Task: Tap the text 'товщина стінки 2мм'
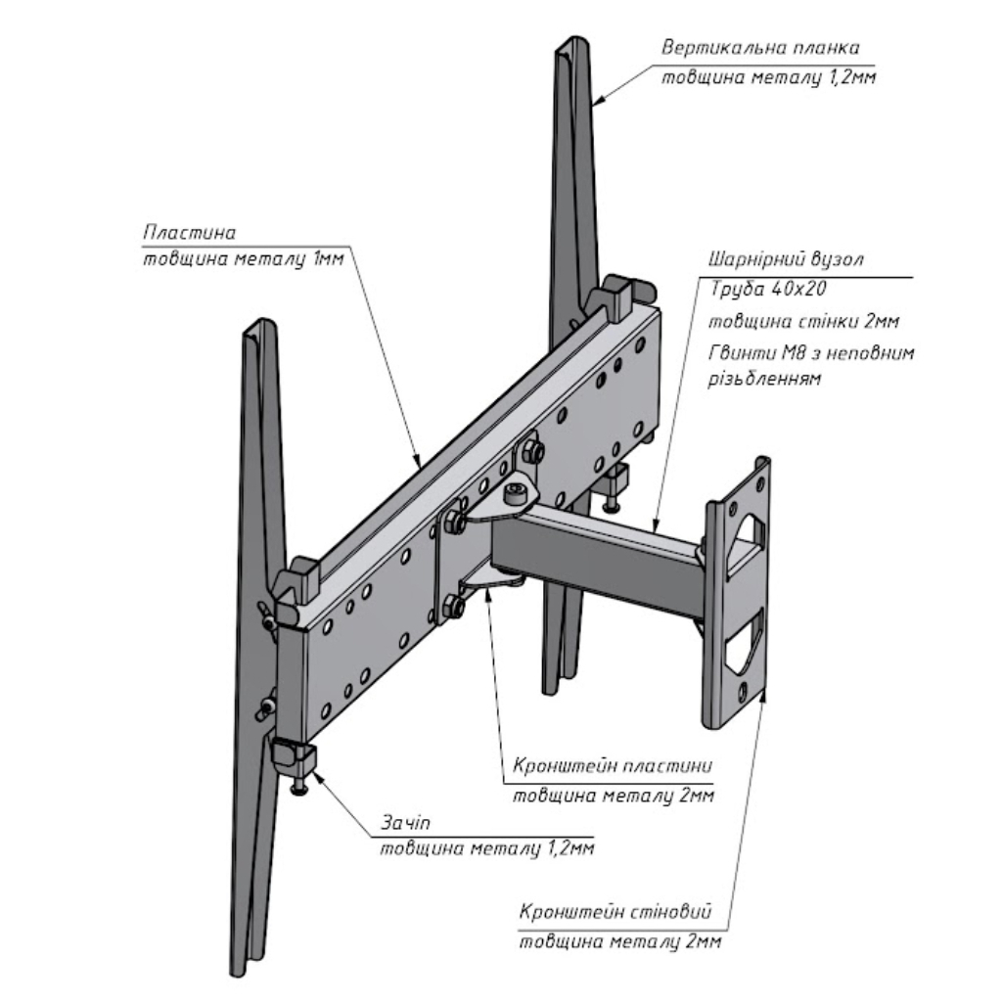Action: coord(802,321)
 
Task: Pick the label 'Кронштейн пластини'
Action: coord(614,765)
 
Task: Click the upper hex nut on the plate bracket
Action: coord(534,452)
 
